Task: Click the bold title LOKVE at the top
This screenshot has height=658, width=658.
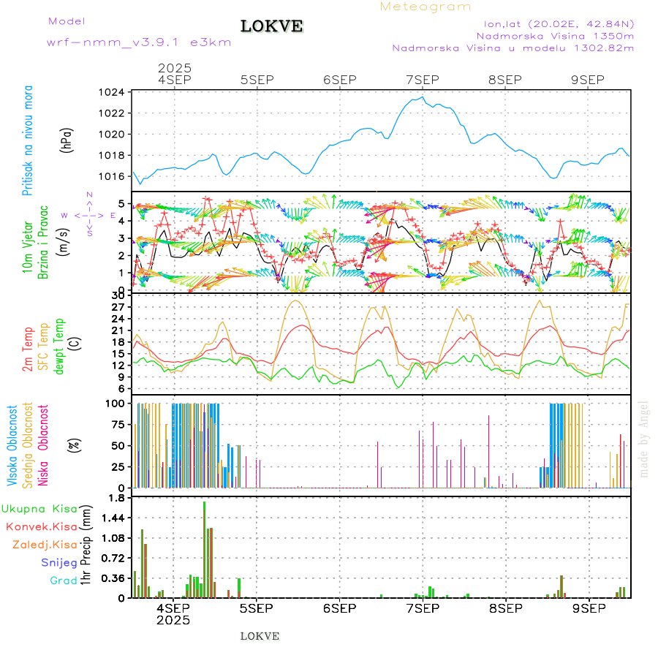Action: (x=271, y=26)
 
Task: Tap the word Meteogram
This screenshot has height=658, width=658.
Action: (x=426, y=7)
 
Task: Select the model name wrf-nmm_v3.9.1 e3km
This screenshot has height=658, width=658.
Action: (x=139, y=42)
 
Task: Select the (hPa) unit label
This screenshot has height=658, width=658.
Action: (x=67, y=140)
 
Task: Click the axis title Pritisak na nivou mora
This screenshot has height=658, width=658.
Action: (x=28, y=140)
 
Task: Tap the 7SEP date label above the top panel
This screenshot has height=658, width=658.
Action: (x=422, y=80)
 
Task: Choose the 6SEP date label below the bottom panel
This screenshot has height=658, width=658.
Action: (x=339, y=608)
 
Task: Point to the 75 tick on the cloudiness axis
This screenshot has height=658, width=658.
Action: (x=115, y=424)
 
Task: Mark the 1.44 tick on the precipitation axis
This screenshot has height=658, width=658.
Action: (x=112, y=518)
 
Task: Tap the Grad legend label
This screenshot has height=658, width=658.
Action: (x=64, y=581)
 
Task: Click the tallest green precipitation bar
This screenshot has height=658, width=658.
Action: (x=204, y=548)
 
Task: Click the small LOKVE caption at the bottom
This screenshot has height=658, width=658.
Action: (x=260, y=636)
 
